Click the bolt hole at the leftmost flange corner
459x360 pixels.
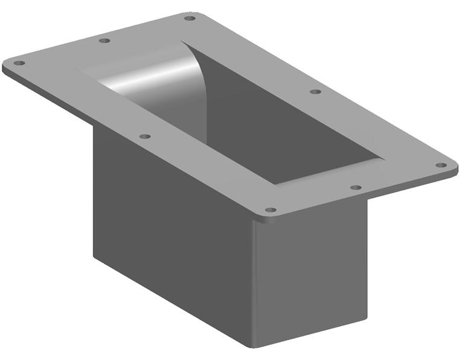(19, 63)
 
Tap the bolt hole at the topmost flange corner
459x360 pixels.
(190, 18)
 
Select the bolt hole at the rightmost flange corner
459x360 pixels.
(441, 165)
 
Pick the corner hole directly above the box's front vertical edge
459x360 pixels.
(271, 211)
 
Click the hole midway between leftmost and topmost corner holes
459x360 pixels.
(104, 40)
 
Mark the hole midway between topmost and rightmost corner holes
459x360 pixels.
(315, 92)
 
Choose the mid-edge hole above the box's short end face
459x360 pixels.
(356, 188)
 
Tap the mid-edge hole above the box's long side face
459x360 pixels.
(144, 137)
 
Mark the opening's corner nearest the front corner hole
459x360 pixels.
(275, 184)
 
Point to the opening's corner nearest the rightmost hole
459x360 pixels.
(384, 159)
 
